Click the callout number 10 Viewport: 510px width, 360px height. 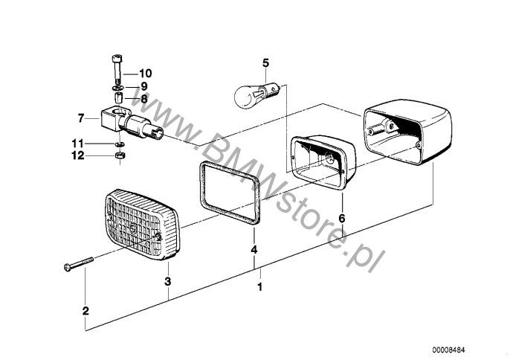point(146,74)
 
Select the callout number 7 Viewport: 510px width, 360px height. point(81,118)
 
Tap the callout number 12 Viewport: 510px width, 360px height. point(78,155)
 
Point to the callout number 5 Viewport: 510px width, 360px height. point(265,62)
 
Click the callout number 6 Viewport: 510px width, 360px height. point(341,219)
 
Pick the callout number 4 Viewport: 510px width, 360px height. point(254,250)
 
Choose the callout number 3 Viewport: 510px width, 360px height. point(168,281)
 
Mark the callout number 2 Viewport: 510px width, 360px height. point(85,311)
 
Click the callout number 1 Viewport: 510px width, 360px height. point(259,287)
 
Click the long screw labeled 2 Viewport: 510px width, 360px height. point(79,264)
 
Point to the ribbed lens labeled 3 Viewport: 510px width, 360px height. point(142,225)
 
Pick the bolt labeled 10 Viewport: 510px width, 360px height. point(117,70)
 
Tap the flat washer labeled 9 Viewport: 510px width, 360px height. point(117,89)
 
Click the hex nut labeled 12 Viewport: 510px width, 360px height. point(120,155)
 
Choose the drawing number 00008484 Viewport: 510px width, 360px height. point(449,350)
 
